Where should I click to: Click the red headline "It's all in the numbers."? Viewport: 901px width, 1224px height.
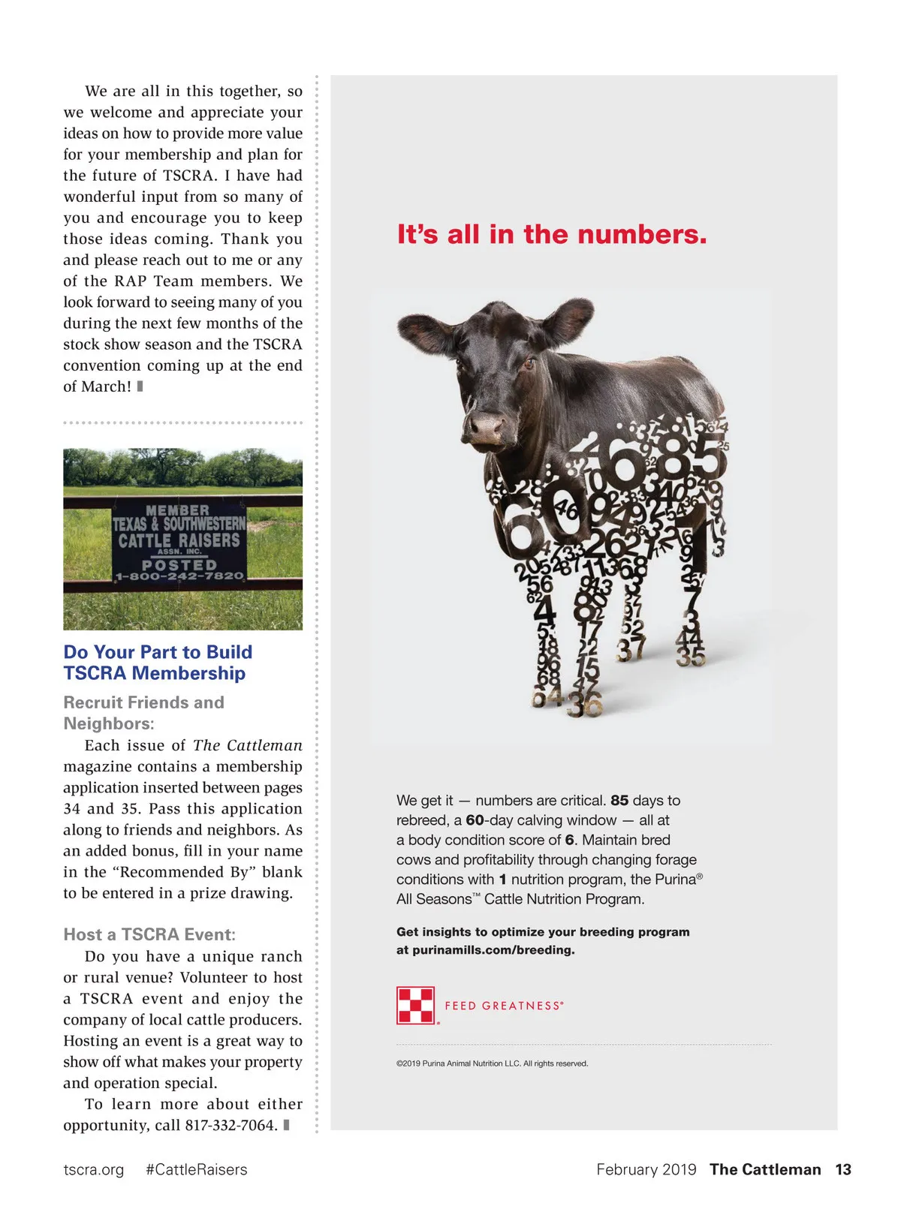click(552, 234)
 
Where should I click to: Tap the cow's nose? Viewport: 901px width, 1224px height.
click(486, 428)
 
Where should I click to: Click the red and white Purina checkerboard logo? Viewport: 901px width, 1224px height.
click(415, 1006)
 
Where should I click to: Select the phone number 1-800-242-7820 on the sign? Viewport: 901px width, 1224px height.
click(179, 576)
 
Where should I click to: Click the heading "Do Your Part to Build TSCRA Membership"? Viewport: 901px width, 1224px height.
click(158, 663)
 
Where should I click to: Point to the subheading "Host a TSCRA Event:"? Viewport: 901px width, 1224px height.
click(149, 934)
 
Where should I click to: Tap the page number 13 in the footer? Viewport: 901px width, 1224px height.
click(843, 1169)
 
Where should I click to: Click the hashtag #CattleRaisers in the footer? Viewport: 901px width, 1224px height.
click(196, 1169)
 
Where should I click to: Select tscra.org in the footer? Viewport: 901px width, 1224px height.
click(94, 1169)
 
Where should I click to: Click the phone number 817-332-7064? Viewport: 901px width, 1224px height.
click(231, 1125)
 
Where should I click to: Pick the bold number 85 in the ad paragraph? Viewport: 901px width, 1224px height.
click(619, 801)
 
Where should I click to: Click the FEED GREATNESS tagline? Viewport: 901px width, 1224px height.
click(504, 1006)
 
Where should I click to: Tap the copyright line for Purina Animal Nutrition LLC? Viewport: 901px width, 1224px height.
click(492, 1063)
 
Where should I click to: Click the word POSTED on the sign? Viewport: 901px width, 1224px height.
click(179, 564)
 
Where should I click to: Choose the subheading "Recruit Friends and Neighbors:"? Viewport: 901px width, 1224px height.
click(143, 713)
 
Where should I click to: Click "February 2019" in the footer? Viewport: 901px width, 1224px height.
click(646, 1169)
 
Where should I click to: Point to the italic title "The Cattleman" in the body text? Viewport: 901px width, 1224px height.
click(248, 745)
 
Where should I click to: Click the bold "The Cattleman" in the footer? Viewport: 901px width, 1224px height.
click(765, 1169)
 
